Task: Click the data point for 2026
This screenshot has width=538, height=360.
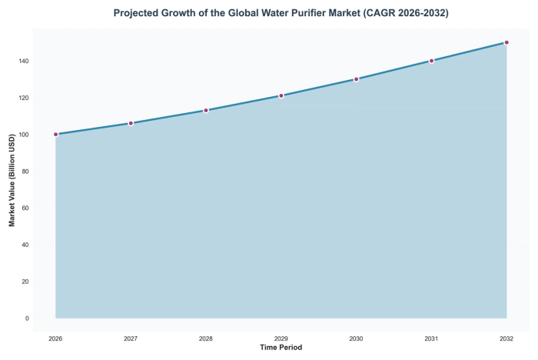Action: pos(56,135)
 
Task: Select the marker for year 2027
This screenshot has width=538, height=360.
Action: pos(131,123)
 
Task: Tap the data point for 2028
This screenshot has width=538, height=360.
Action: pos(206,111)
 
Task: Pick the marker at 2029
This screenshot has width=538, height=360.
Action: pos(281,95)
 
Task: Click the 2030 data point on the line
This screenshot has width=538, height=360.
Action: pos(357,79)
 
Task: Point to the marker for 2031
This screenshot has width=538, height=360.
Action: pos(432,61)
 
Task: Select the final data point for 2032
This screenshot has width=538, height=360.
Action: pos(506,42)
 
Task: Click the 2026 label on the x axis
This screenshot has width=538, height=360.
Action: pos(56,338)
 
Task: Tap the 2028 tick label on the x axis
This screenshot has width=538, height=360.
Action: pos(206,338)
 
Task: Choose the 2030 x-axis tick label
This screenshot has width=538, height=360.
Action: pos(357,338)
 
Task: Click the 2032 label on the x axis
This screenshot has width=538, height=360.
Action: pos(506,338)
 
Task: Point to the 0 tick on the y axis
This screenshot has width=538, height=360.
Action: pos(27,318)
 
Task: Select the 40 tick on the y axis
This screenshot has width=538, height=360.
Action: pos(25,245)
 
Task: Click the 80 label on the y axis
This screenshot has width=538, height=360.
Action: pos(25,172)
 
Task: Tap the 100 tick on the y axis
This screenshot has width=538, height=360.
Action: pos(24,135)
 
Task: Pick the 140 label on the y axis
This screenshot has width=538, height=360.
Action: pos(24,61)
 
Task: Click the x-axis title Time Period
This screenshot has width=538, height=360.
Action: pos(281,348)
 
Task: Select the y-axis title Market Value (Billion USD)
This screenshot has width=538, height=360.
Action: pos(12,180)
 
